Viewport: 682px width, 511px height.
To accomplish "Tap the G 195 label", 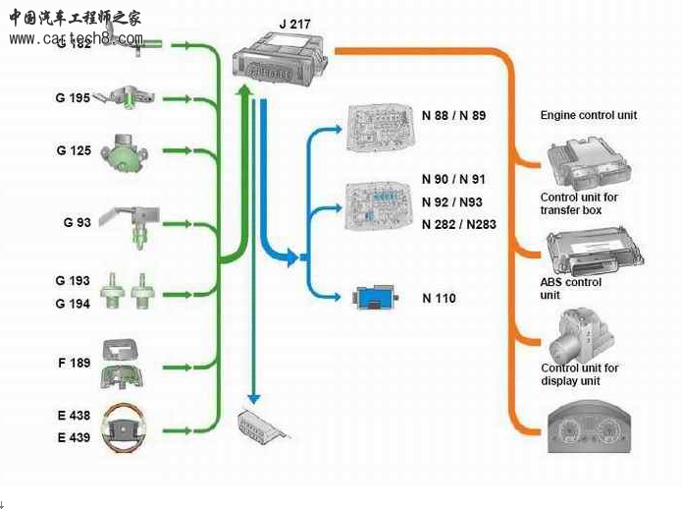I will [74, 98].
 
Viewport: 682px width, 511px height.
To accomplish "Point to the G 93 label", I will [77, 223].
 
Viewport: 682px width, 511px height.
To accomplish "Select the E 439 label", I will [74, 437].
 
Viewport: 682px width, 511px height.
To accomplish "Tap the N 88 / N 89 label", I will [453, 116].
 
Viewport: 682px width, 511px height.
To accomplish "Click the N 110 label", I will [439, 299].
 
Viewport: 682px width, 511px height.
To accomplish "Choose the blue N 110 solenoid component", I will [377, 298].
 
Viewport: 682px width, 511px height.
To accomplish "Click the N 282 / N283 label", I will [458, 225].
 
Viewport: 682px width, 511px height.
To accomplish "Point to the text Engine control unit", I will [588, 116].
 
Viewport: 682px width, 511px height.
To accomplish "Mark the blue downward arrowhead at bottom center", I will [253, 398].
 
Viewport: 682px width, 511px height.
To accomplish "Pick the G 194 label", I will [73, 305].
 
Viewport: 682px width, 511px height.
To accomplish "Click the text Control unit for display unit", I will [579, 374].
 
